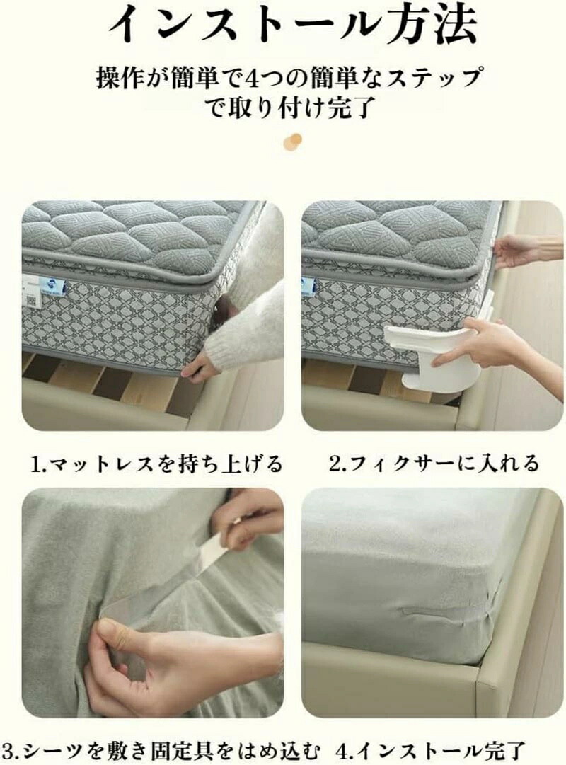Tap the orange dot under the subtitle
292,141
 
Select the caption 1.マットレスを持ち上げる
156,463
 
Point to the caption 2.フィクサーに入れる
433,463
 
